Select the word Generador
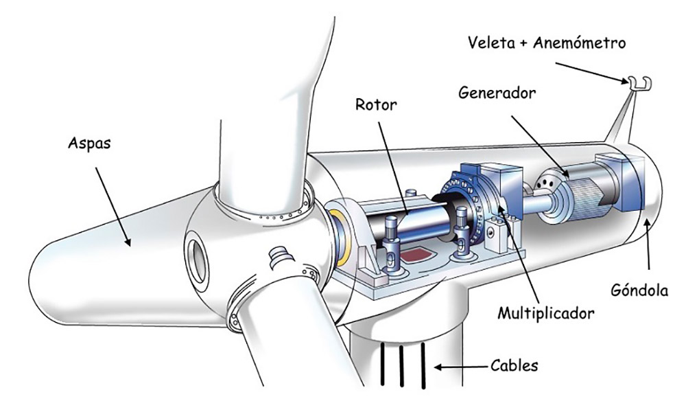pos(497,92)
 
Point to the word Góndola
pos(639,290)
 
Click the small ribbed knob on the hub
pos(278,256)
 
